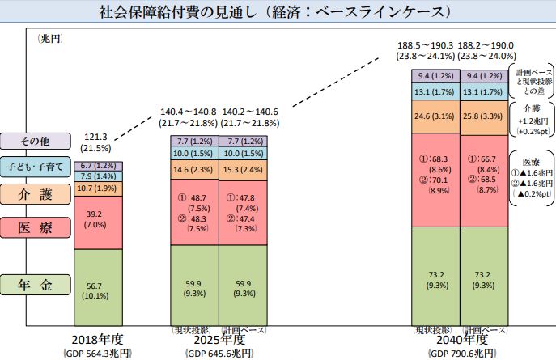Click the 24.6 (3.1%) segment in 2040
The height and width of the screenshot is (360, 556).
click(x=435, y=116)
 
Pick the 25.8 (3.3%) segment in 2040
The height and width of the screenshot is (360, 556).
click(x=484, y=116)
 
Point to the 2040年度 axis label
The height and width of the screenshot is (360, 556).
click(x=461, y=340)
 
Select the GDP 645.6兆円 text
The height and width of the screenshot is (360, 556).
click(x=219, y=354)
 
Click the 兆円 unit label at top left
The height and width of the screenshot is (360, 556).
click(x=50, y=38)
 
